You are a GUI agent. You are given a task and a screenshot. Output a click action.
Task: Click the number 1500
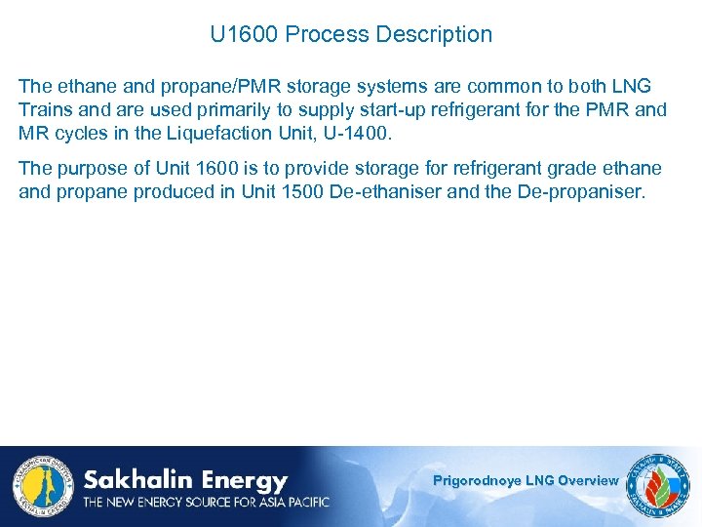click(x=301, y=191)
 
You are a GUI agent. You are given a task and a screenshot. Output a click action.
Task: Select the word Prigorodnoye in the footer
click(x=478, y=480)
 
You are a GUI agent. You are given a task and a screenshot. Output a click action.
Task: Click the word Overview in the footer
click(x=588, y=480)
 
